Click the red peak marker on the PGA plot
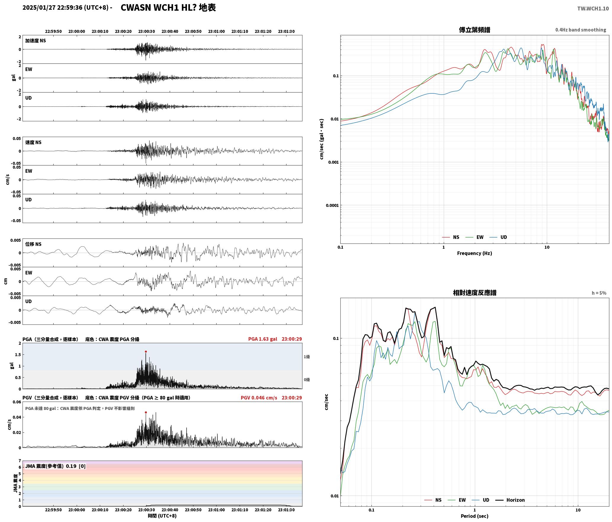tap(146, 351)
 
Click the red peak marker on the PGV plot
tap(146, 412)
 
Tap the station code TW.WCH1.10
tap(593, 9)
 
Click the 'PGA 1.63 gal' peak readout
tap(263, 339)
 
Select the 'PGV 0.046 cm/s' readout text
tap(259, 398)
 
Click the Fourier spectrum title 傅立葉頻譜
tap(475, 30)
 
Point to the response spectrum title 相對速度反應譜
tap(475, 293)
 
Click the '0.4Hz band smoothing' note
tap(581, 30)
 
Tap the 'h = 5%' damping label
tap(599, 293)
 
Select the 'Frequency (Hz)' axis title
tap(475, 253)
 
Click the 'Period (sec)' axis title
tap(475, 516)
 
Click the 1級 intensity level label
tap(307, 357)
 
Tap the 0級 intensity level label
tap(307, 380)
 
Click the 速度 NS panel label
tap(33, 142)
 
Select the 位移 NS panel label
tap(33, 244)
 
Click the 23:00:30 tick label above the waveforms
tap(146, 31)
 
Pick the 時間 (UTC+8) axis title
tap(162, 516)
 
